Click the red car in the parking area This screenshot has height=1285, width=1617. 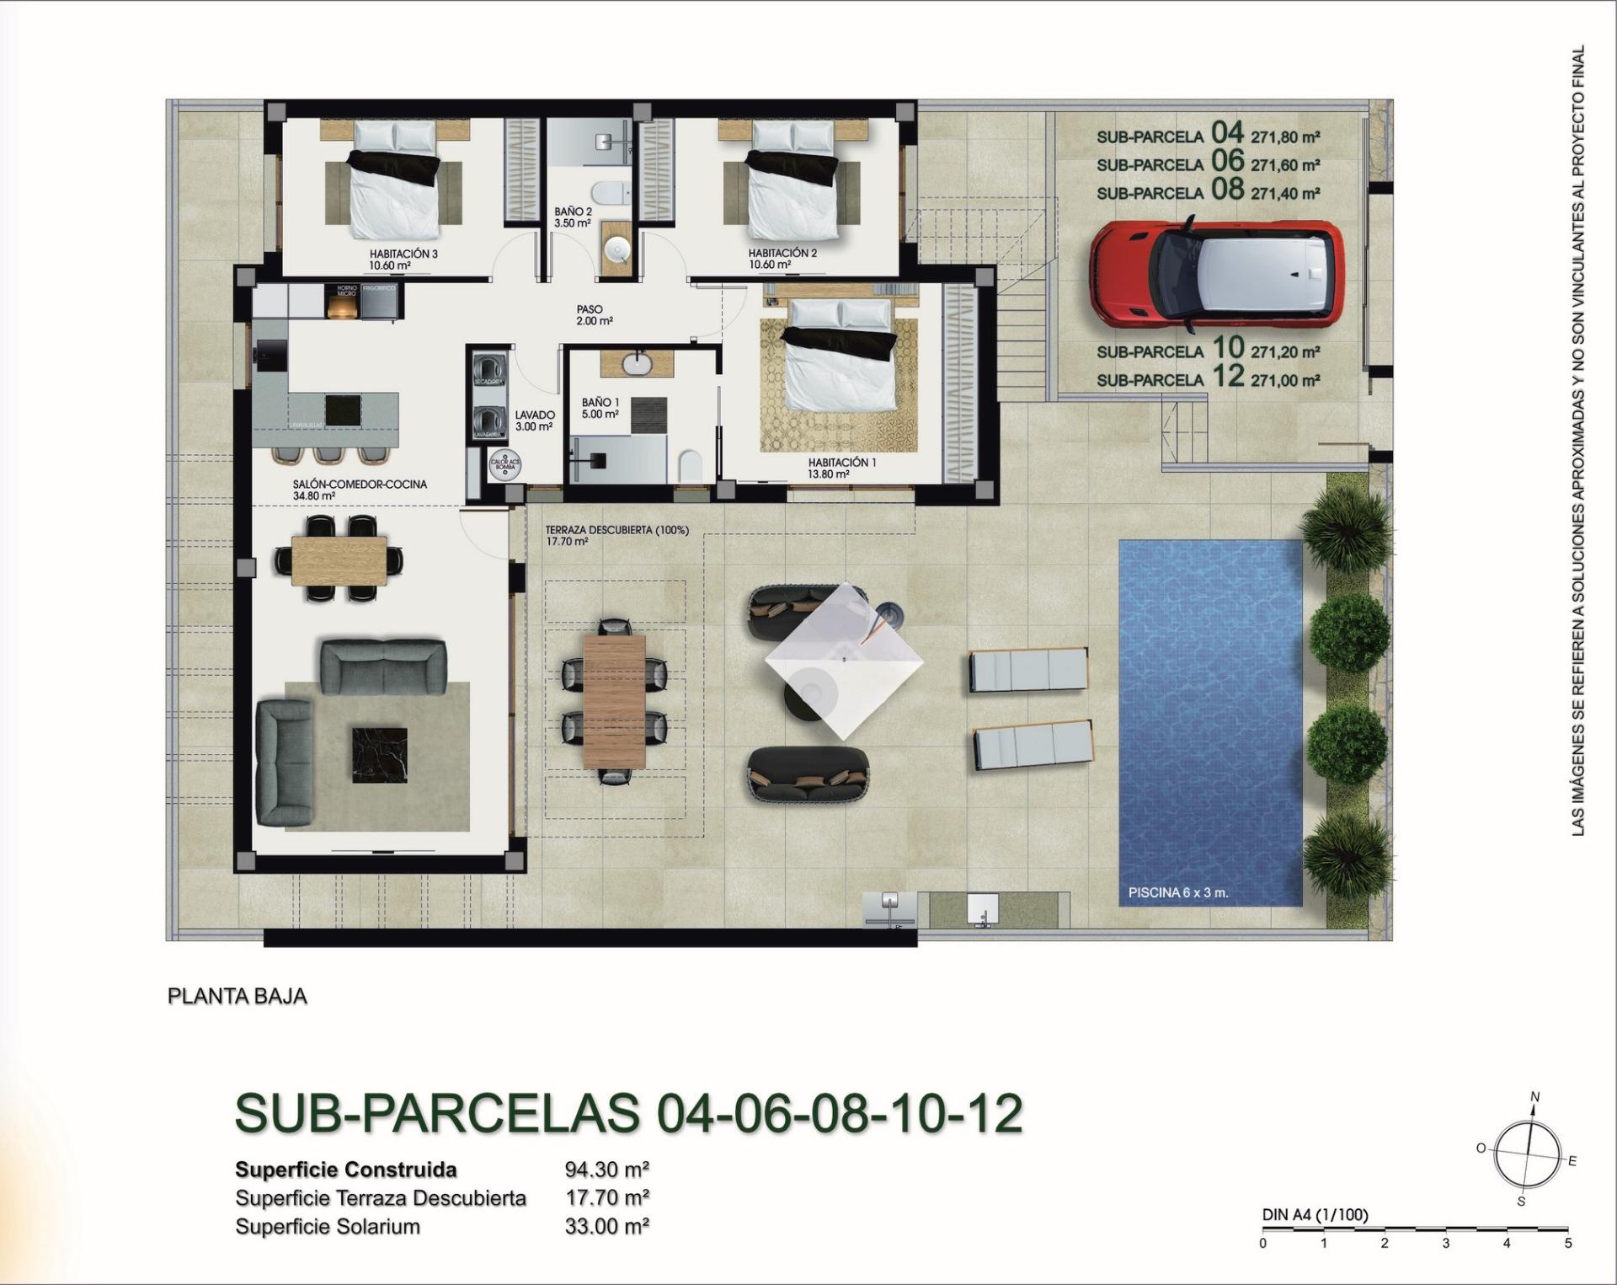click(x=1217, y=273)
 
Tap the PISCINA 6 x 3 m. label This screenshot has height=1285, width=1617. click(x=1177, y=892)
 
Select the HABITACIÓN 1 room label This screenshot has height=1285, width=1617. click(x=842, y=463)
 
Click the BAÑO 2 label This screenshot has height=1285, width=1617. click(x=573, y=211)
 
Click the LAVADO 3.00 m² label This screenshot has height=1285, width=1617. click(x=535, y=420)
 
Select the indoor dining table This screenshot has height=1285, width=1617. click(x=339, y=560)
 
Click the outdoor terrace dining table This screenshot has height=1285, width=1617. click(x=614, y=701)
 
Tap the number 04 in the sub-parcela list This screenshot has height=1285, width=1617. click(x=1227, y=132)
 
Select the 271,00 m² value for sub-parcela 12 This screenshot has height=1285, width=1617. click(x=1285, y=381)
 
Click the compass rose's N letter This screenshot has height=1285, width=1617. click(x=1534, y=1096)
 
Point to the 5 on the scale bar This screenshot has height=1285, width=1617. click(x=1567, y=1243)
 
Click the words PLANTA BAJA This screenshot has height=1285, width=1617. click(x=237, y=996)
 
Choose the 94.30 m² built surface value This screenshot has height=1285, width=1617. click(x=606, y=1170)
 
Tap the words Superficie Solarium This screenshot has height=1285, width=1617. click(x=328, y=1227)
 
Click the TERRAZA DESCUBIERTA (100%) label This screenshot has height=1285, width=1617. click(x=616, y=530)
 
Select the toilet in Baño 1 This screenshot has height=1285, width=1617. click(x=690, y=464)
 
